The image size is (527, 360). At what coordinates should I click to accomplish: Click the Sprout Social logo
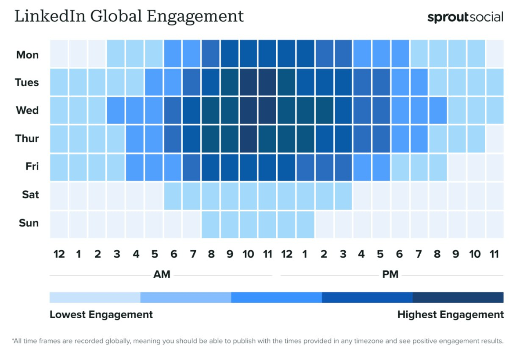click(x=465, y=18)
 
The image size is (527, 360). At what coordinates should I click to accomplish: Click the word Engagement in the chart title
click(x=195, y=16)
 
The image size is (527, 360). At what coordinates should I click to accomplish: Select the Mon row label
click(x=27, y=55)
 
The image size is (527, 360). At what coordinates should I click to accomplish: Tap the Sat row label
click(x=30, y=194)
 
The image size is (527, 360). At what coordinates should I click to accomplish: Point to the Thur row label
click(x=27, y=139)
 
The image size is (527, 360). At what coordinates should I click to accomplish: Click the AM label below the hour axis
click(x=162, y=275)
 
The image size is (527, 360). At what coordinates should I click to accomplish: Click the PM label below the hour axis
click(x=390, y=275)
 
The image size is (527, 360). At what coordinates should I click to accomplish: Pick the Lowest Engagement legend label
click(x=101, y=315)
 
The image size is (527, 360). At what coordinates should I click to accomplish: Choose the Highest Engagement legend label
click(x=451, y=315)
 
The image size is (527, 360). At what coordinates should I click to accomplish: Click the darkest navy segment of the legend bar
click(x=458, y=298)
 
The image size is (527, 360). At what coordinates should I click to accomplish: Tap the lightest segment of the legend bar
click(x=95, y=298)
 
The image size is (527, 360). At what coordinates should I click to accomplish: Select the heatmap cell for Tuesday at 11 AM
click(x=267, y=82)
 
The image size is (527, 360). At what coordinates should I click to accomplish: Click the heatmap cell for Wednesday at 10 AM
click(x=248, y=110)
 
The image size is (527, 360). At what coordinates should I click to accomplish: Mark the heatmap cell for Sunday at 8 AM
click(x=210, y=224)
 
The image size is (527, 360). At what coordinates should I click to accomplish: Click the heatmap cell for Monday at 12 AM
click(x=59, y=54)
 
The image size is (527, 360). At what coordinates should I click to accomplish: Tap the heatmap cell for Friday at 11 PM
click(x=495, y=167)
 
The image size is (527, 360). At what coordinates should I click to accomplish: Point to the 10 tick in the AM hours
click(x=248, y=254)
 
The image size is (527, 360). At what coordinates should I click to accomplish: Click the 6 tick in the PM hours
click(x=400, y=254)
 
